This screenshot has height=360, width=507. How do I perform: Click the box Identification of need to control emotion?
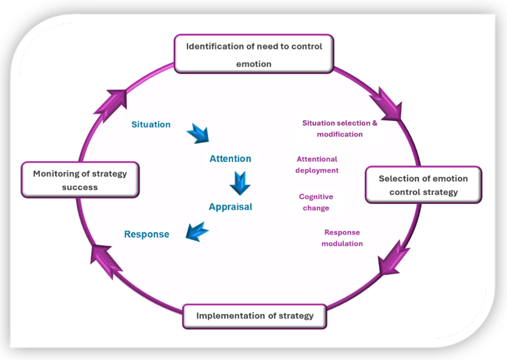click(x=254, y=54)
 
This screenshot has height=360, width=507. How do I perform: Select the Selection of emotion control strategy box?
click(x=423, y=185)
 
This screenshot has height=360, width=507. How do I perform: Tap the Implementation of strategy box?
click(x=254, y=316)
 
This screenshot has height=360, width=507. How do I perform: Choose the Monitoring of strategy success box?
click(x=80, y=180)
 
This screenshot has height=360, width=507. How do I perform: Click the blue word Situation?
click(x=151, y=124)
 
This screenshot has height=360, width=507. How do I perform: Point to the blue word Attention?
click(x=230, y=159)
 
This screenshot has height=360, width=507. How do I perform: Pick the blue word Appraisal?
click(x=230, y=207)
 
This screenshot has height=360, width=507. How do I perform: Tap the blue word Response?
click(x=146, y=235)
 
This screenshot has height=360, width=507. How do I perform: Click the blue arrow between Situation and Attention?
click(x=197, y=133)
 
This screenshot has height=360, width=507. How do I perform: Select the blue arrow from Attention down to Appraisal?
click(x=240, y=183)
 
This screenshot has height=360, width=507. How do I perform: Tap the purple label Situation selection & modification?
click(x=340, y=129)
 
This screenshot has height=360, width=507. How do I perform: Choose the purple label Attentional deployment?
click(x=317, y=164)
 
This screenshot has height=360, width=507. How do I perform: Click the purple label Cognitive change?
click(x=316, y=202)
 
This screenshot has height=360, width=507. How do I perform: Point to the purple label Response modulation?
click(x=342, y=238)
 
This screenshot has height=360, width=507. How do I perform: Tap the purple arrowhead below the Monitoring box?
click(x=106, y=259)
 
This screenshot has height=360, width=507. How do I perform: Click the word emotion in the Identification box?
click(x=254, y=64)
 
